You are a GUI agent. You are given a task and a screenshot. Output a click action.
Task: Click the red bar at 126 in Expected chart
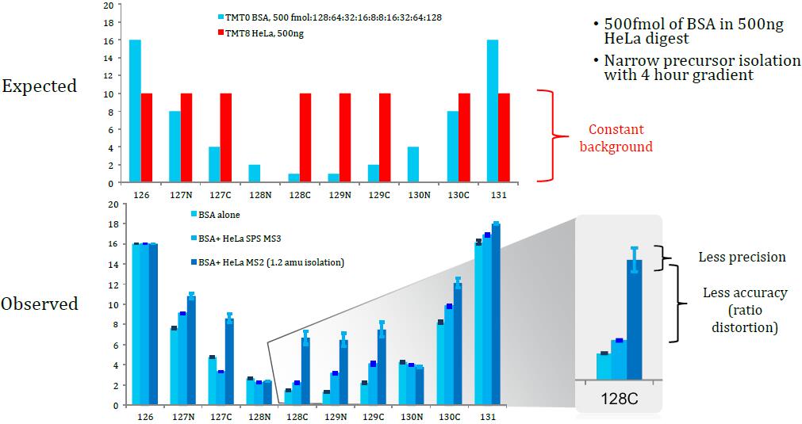[146, 138]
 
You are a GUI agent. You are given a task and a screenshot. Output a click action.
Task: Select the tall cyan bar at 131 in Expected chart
[493, 111]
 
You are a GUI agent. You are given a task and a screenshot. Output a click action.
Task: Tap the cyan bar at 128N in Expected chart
[254, 174]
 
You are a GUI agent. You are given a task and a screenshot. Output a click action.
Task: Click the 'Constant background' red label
[616, 138]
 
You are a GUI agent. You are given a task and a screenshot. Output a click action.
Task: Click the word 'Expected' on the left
[39, 86]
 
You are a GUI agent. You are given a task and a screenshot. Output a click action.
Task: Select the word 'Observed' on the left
[40, 304]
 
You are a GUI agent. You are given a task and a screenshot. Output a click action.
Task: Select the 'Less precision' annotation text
[742, 257]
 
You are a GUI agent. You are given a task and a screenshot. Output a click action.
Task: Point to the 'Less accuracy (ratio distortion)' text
[745, 309]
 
